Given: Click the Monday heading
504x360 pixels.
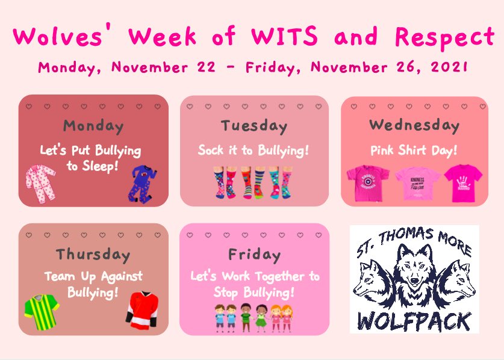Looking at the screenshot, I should tap(93, 127).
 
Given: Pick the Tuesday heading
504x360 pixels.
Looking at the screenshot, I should tap(254, 126).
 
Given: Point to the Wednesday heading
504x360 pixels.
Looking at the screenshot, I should tap(414, 125).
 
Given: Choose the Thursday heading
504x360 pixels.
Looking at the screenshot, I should tap(93, 254).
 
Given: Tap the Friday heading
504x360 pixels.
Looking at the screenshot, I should tap(254, 255).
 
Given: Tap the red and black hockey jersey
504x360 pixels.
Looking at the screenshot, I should tap(141, 309).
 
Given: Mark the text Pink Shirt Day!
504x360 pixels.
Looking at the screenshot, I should tap(414, 151).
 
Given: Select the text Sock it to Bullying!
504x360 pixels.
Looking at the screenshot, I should tap(254, 151).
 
